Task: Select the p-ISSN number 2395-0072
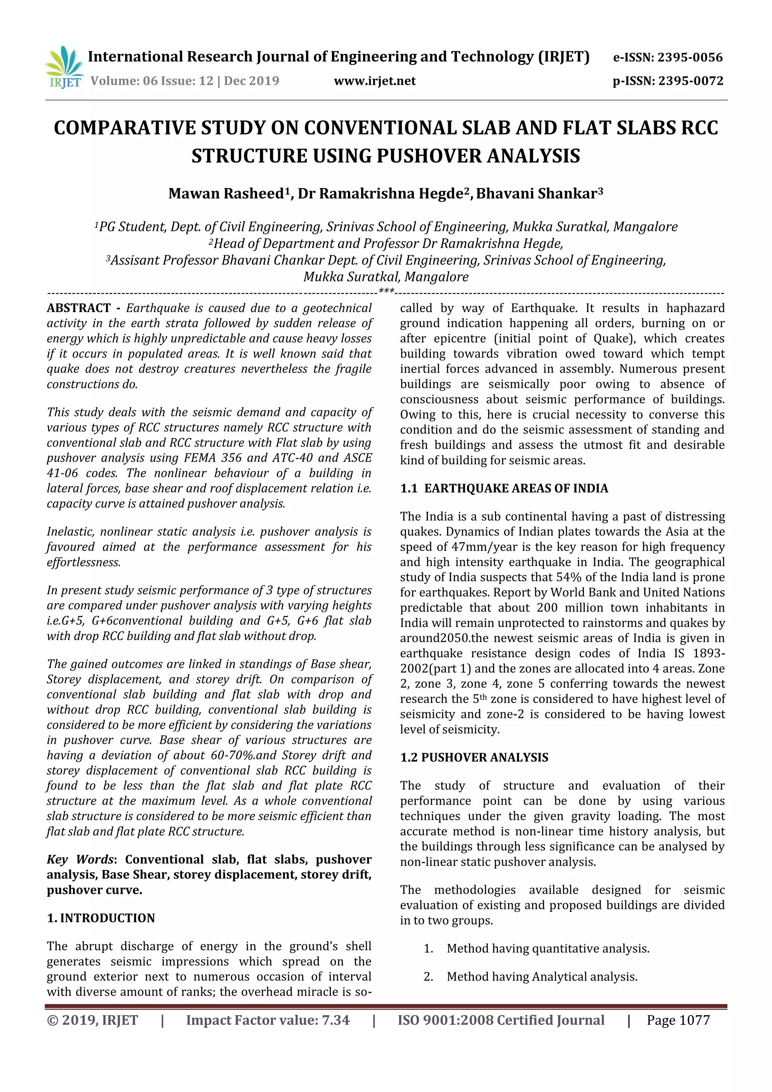691,81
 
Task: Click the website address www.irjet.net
375,81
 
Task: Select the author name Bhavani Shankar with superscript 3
539,194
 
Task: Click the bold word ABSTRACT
78,308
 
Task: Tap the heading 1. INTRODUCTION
101,918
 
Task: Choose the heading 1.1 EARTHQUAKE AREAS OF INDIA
504,489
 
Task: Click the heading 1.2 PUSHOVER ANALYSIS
474,758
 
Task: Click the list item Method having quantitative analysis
548,948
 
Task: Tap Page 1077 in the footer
678,1020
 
